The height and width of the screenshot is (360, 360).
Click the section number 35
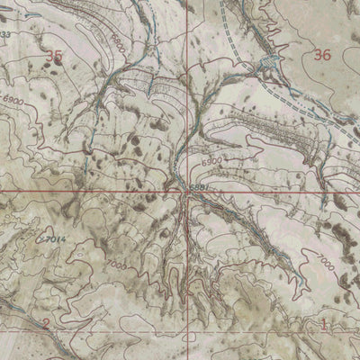pos(55,56)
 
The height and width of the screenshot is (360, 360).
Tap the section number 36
pos(323,56)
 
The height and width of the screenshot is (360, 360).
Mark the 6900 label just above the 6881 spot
pos(211,159)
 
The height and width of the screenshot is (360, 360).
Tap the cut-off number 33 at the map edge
pos(5,34)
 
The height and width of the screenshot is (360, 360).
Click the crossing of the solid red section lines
pos(187,193)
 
